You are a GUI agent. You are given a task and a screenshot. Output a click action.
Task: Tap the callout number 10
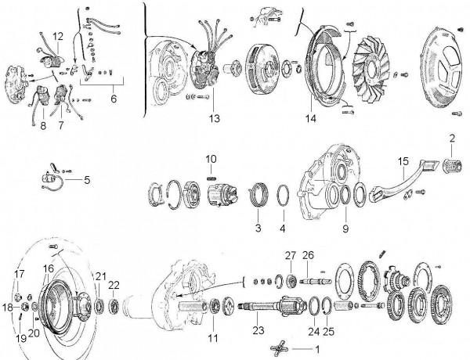211,160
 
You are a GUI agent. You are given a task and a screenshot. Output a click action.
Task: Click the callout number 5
86,180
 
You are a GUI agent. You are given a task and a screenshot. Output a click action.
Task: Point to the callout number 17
20,272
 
